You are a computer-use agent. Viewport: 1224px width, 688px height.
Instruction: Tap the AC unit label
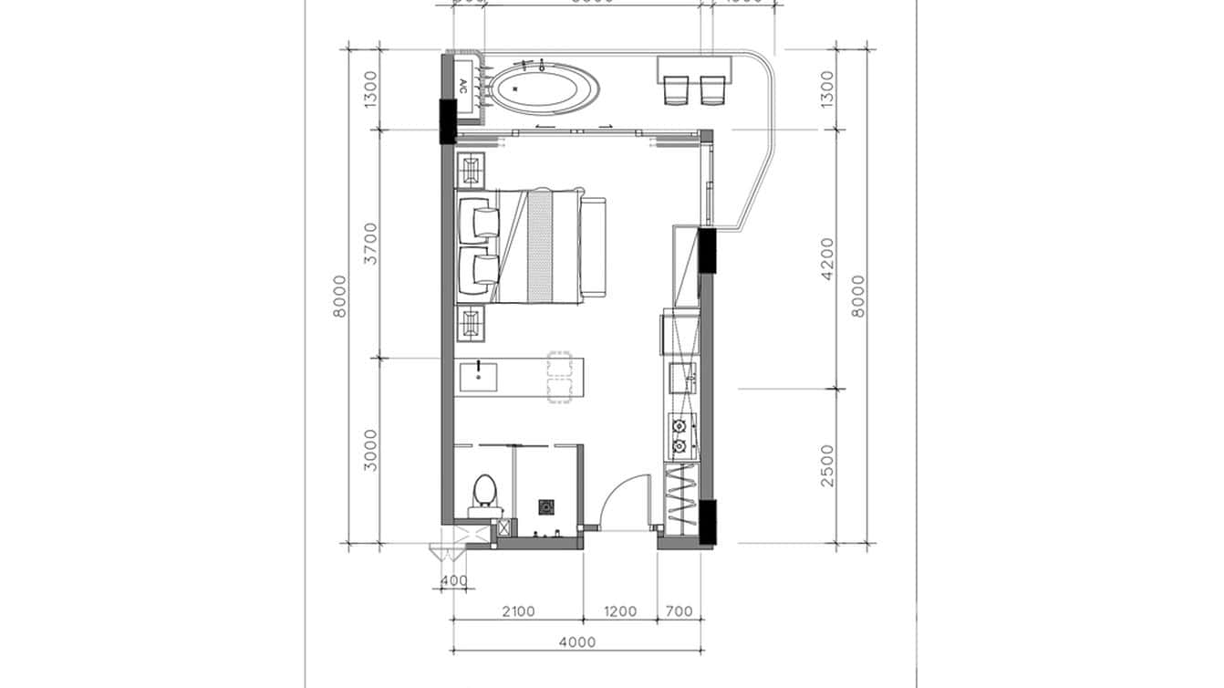462,87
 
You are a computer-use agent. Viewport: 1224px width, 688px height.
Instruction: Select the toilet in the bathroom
484,492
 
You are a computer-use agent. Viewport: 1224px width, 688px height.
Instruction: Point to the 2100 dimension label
517,611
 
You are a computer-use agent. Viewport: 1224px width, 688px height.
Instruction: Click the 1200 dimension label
619,611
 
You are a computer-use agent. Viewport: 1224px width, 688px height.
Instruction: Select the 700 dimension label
679,611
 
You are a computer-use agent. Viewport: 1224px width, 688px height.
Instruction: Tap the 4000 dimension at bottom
576,641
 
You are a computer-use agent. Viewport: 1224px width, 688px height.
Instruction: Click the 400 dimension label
453,580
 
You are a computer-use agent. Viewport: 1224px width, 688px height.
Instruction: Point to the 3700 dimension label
369,243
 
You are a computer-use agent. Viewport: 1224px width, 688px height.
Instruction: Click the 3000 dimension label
369,451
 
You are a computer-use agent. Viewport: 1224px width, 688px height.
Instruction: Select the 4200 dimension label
826,258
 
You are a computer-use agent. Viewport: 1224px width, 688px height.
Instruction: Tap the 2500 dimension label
826,465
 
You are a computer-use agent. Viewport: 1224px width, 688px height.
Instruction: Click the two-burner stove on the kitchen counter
679,436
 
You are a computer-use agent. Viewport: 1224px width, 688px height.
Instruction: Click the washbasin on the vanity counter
478,375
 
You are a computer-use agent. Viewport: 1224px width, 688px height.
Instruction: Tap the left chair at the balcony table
677,89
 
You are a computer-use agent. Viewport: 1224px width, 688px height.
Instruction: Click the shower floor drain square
546,506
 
